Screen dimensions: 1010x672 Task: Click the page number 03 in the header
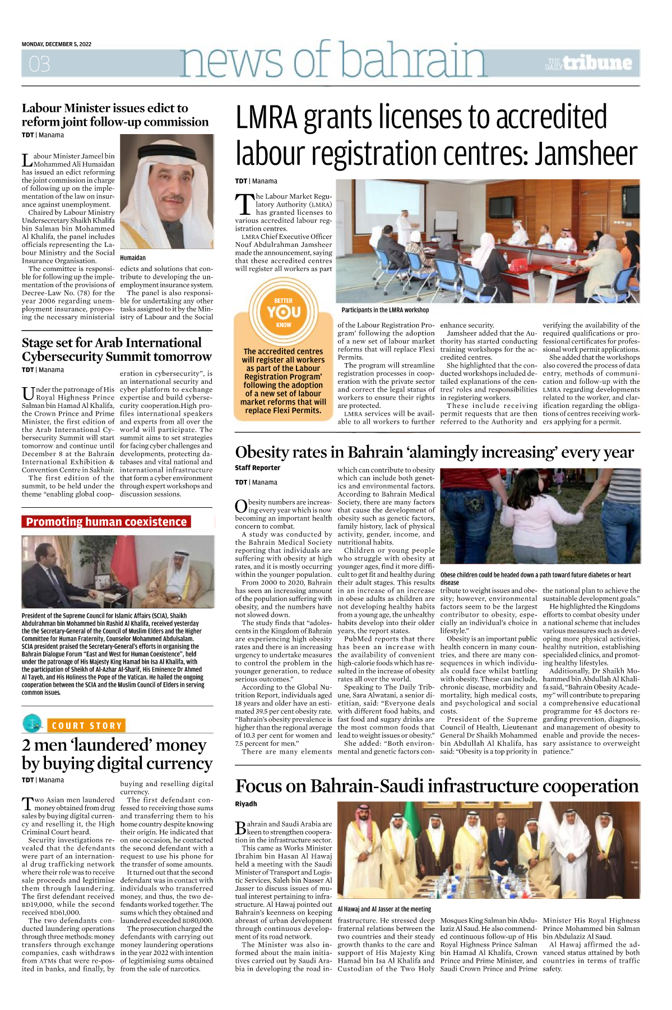39,64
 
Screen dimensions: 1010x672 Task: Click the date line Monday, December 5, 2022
57,44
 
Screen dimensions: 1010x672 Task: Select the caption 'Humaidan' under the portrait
133,258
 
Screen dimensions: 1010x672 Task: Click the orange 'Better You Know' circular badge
284,312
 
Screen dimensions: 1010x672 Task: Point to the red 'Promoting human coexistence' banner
106,522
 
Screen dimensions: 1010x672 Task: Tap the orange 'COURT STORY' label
87,726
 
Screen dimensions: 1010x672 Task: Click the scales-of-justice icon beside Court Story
33,723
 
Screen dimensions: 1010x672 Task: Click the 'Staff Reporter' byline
257,467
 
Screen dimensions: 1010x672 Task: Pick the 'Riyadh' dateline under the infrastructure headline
246,804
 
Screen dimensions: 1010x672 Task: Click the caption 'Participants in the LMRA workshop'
385,310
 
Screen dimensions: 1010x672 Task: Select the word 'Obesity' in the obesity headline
263,452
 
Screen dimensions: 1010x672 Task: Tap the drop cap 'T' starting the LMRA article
244,204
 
